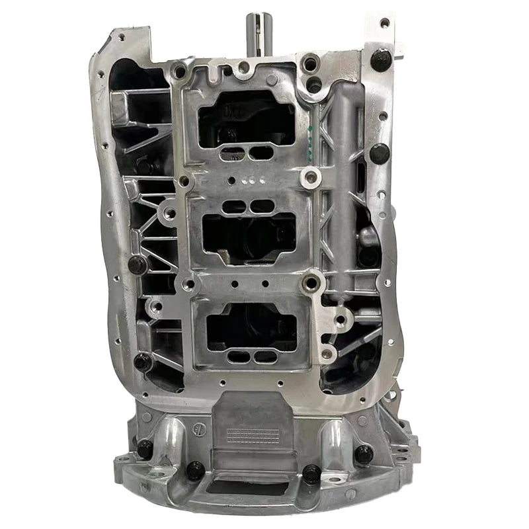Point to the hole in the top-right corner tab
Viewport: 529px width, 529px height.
pos(384,23)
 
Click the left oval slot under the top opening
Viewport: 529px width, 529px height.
pos(233,153)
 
